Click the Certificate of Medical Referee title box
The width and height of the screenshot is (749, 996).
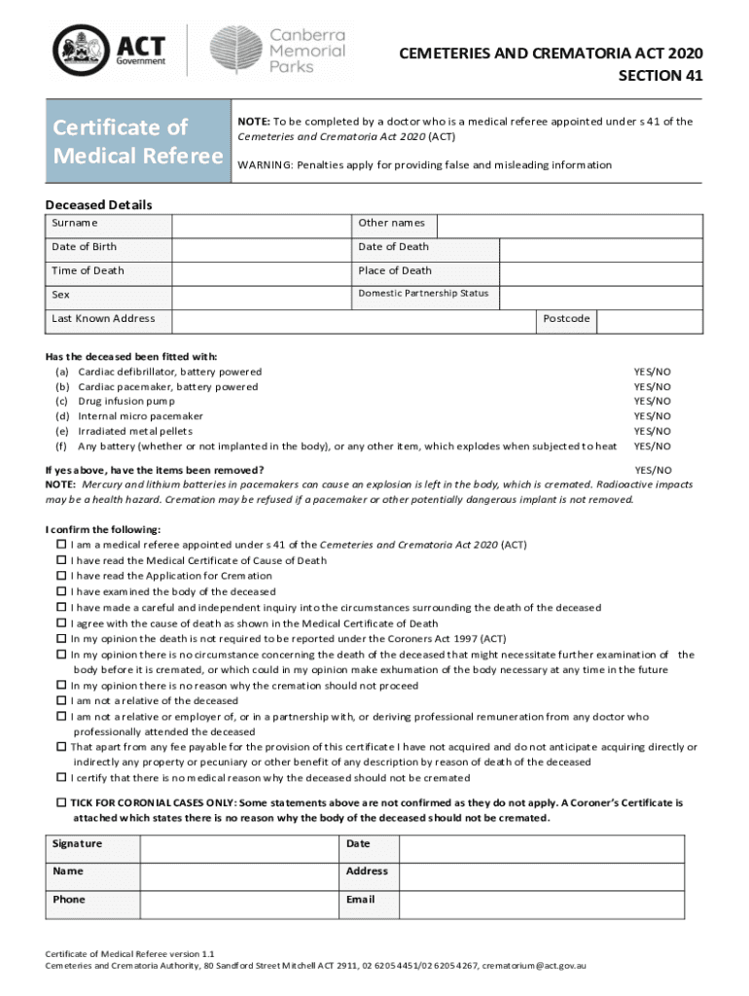tap(135, 142)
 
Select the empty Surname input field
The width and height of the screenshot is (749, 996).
tap(263, 224)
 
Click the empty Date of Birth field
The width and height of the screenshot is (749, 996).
tap(263, 247)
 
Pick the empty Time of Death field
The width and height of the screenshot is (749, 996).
tap(263, 270)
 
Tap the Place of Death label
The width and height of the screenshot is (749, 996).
tap(395, 270)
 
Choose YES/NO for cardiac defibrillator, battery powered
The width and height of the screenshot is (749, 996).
tap(652, 372)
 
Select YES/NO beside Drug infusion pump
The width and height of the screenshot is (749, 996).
tap(652, 401)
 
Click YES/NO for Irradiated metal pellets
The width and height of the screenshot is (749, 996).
tap(652, 431)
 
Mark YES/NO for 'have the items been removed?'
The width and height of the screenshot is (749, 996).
tap(652, 470)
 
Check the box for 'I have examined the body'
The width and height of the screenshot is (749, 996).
tap(61, 591)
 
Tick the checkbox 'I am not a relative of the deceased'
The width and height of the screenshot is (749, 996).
tap(61, 700)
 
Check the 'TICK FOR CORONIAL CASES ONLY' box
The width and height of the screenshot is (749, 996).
tap(61, 803)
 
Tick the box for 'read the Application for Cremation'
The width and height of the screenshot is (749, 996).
tap(61, 576)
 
